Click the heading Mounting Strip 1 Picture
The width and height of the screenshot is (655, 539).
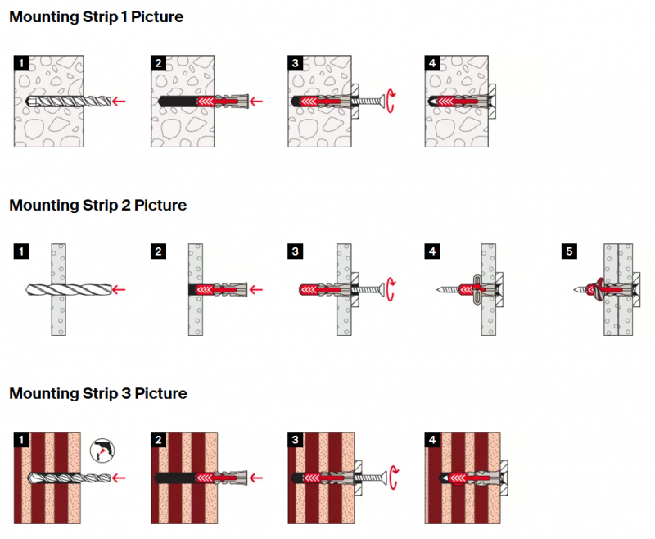coord(96,17)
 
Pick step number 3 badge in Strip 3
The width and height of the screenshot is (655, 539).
coord(296,440)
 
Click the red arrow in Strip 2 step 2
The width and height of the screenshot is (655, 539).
coord(256,289)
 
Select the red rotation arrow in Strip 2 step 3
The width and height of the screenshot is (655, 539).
coord(393,289)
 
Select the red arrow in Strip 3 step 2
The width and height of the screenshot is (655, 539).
coord(256,478)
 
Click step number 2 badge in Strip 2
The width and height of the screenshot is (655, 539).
coord(159,251)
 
